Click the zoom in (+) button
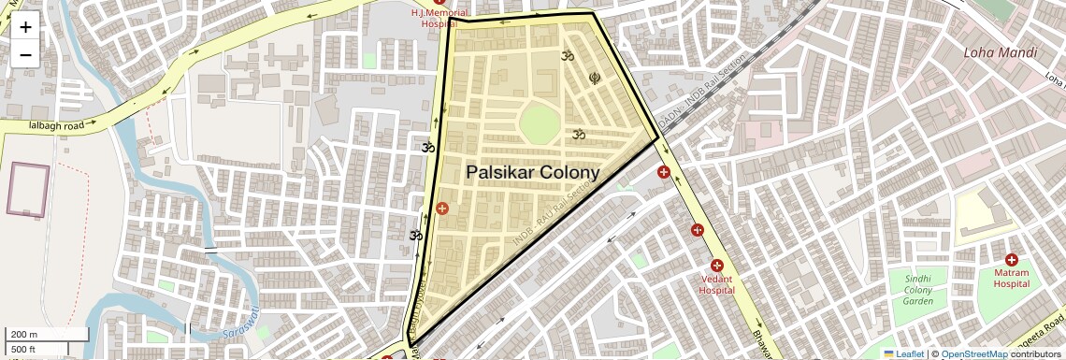(25, 27)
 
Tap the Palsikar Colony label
(532, 172)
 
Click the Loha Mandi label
(1000, 52)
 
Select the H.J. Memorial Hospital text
(439, 19)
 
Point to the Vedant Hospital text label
(716, 284)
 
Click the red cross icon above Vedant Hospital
(716, 266)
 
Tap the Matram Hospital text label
(1011, 278)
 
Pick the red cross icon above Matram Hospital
(1011, 259)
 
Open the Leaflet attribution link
(903, 353)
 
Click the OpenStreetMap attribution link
(973, 353)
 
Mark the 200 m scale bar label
(24, 335)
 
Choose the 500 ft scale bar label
(24, 350)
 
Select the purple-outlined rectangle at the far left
(28, 189)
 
